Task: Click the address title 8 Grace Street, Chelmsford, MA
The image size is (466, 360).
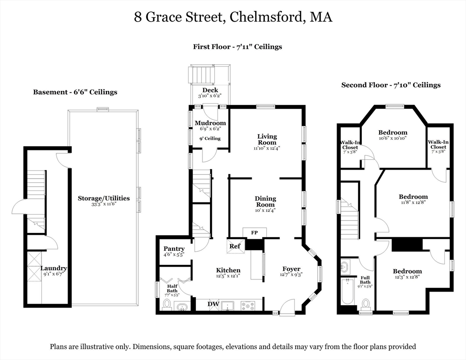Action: [233, 17]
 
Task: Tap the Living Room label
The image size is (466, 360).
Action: [267, 139]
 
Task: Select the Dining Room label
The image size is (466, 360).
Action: [265, 201]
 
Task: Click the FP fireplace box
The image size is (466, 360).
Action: [255, 233]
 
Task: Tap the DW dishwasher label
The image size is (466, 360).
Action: [213, 304]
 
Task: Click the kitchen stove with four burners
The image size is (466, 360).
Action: [248, 306]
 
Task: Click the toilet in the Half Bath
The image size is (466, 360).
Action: [167, 305]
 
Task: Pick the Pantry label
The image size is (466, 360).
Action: [174, 248]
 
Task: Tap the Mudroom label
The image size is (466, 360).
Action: [210, 123]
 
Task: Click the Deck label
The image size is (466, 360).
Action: [210, 90]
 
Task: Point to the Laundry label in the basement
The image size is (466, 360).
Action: [54, 269]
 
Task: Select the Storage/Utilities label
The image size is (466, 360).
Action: [104, 198]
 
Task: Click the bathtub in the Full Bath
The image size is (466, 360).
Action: [346, 292]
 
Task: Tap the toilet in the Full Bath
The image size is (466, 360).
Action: [366, 304]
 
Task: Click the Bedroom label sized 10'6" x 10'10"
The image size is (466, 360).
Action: [392, 133]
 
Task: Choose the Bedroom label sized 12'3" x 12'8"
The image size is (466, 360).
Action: [407, 271]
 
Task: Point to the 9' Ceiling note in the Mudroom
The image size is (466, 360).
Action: [210, 139]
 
